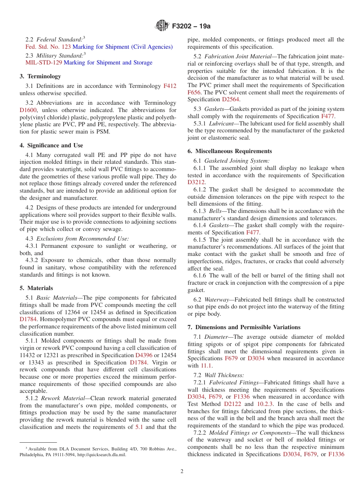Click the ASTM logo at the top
pyautogui.click(x=161, y=26)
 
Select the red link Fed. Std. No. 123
pyautogui.click(x=48, y=47)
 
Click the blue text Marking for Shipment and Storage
pyautogui.click(x=108, y=63)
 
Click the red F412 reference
pyautogui.click(x=170, y=86)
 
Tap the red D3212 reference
pyautogui.click(x=196, y=183)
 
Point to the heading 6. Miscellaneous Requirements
pyautogui.click(x=230, y=151)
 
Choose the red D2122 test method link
pyautogui.click(x=233, y=404)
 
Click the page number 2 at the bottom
pyautogui.click(x=182, y=472)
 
